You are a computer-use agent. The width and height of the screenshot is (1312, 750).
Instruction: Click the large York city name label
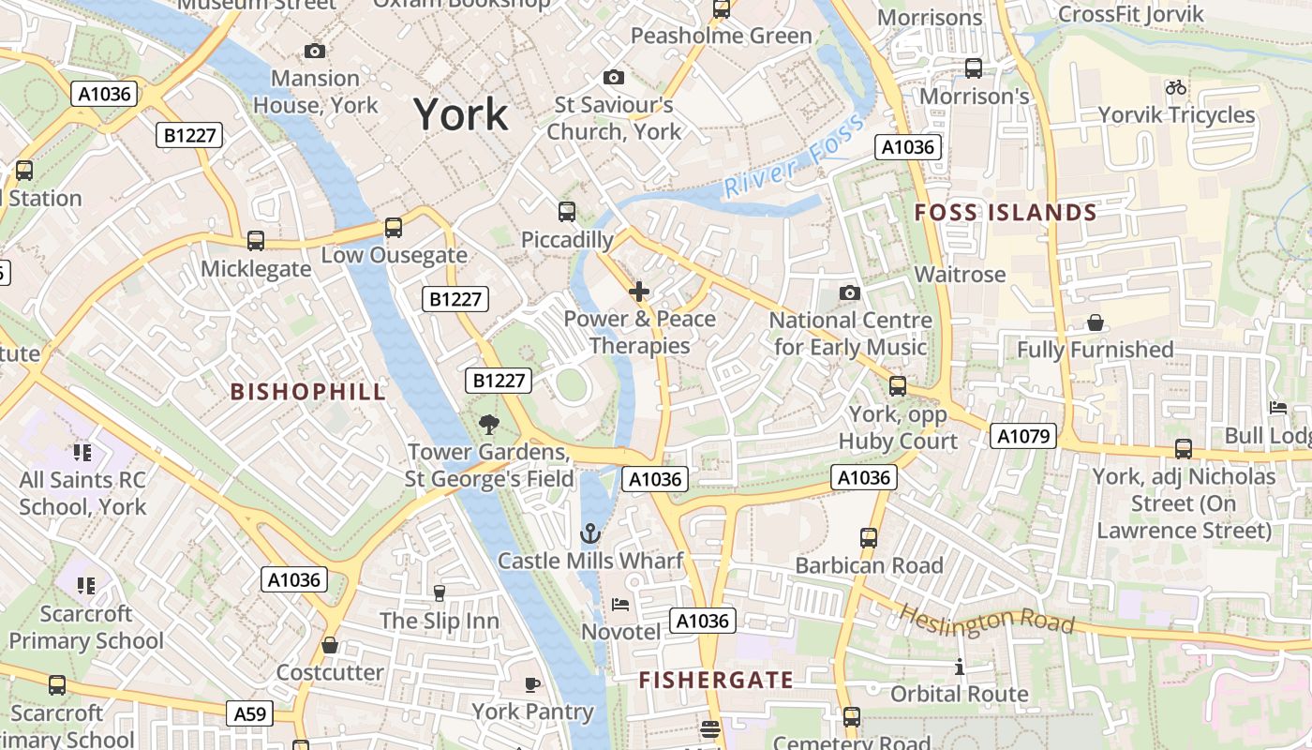(461, 114)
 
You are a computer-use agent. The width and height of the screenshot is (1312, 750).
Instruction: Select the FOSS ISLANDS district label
(1006, 213)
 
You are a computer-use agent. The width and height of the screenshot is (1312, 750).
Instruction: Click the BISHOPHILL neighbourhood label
(308, 392)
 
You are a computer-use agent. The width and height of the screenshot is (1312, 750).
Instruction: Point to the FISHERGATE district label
(716, 680)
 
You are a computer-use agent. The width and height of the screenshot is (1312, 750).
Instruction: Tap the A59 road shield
(250, 714)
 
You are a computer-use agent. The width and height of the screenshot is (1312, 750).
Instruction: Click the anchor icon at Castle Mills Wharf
(590, 534)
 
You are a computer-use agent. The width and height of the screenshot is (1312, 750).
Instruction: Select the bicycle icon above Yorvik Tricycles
(1176, 87)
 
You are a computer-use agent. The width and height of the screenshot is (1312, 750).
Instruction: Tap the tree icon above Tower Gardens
(488, 425)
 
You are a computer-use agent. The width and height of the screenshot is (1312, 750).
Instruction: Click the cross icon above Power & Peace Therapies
(639, 292)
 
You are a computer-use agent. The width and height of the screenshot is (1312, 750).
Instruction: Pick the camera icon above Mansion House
(315, 51)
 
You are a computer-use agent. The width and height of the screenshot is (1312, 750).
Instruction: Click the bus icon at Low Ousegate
(394, 227)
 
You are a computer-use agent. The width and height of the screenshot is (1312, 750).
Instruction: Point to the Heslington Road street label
(986, 619)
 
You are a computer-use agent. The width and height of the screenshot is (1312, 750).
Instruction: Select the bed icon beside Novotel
(620, 605)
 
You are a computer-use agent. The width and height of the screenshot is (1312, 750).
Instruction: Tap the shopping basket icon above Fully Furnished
(1095, 323)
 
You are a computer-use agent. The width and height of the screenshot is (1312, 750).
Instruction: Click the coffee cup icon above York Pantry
(532, 684)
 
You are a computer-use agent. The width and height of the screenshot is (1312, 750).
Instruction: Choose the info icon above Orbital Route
(959, 667)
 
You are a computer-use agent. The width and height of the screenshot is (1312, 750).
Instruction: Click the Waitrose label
(960, 275)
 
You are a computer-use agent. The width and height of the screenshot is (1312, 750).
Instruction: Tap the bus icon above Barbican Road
(869, 538)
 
